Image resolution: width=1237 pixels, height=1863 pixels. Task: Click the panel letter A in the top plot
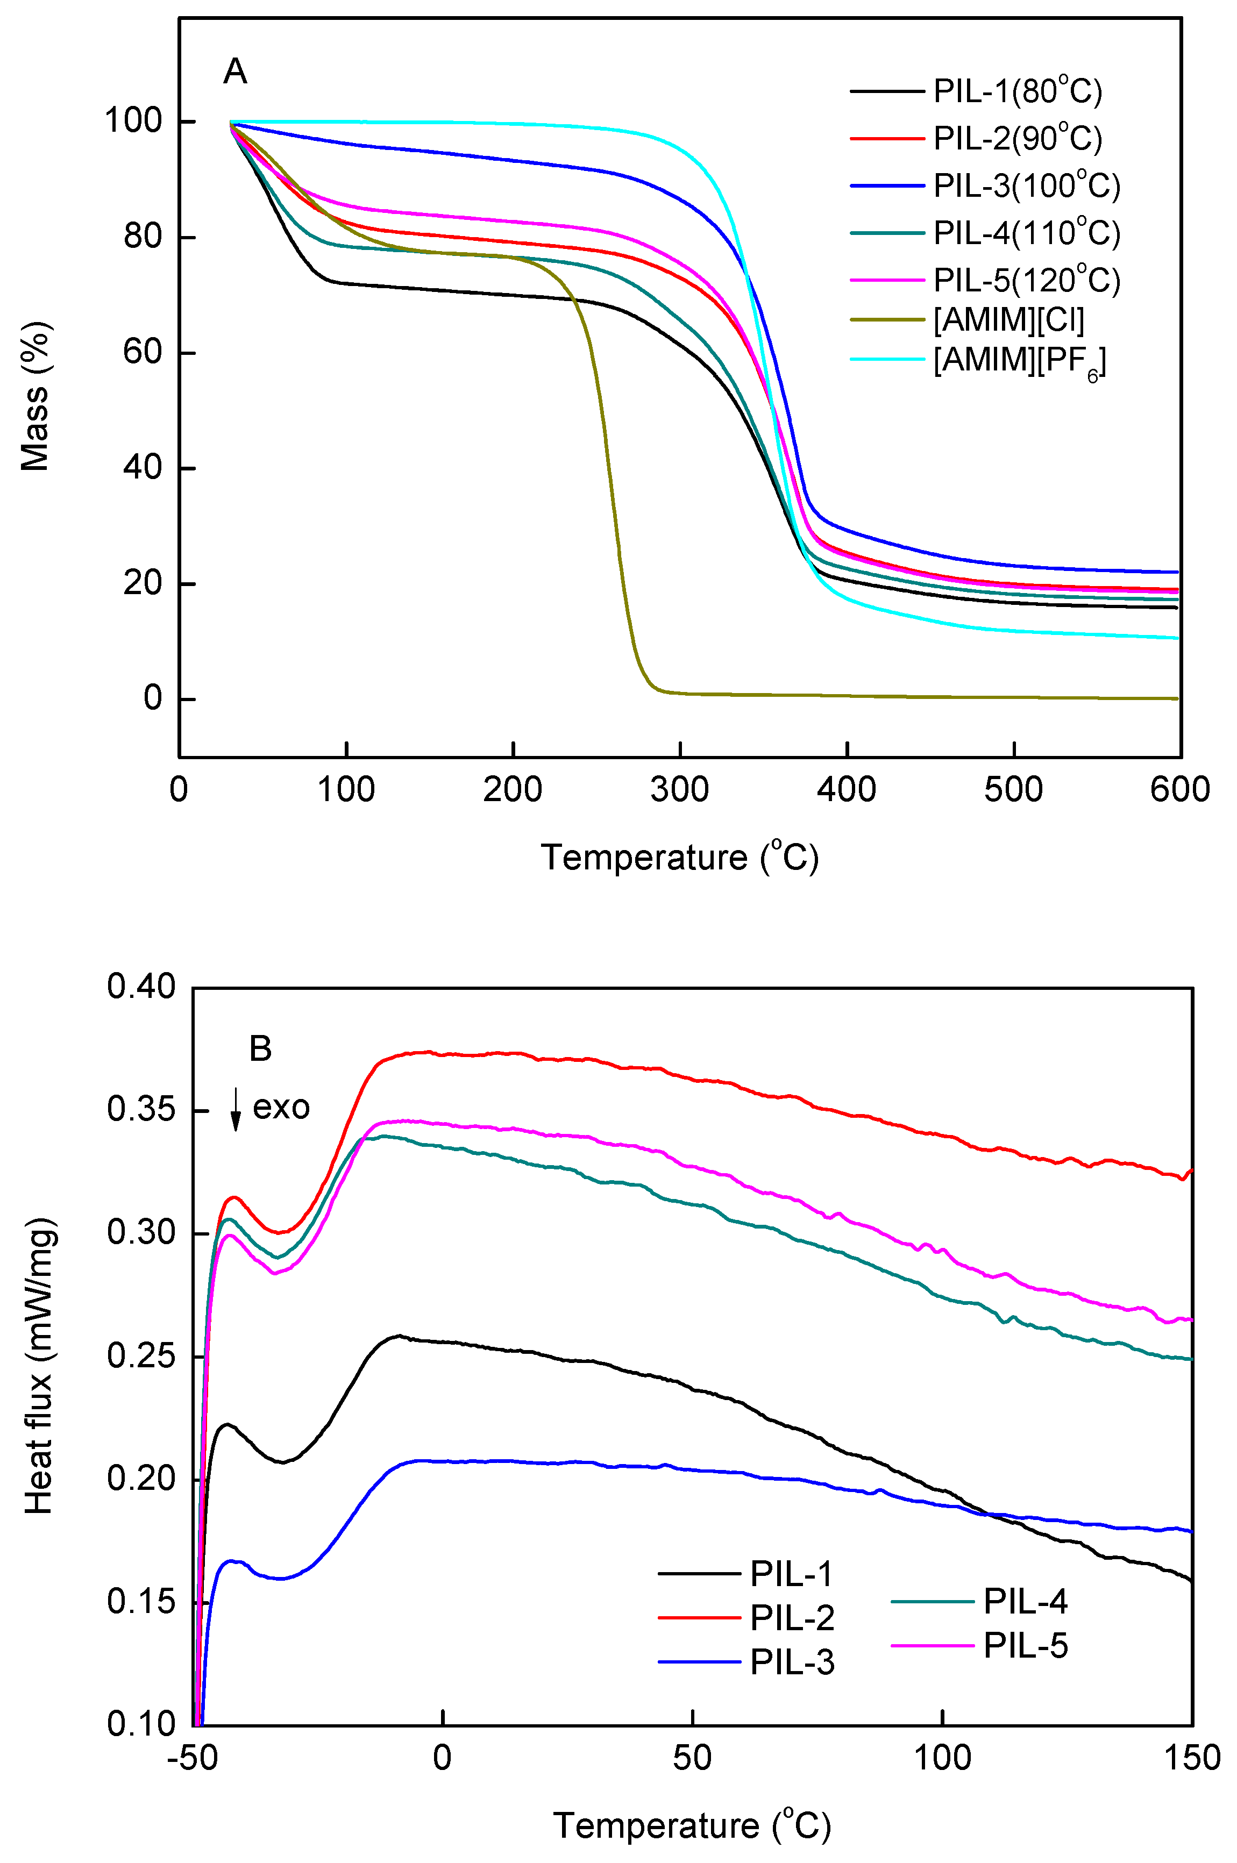(x=235, y=72)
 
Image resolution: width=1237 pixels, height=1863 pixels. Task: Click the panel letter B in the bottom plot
(x=260, y=1049)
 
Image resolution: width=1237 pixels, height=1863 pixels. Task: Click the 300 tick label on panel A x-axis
(x=679, y=789)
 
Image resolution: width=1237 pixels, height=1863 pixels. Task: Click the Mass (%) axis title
(x=35, y=397)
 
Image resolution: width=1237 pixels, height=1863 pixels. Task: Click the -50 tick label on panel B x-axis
(x=193, y=1758)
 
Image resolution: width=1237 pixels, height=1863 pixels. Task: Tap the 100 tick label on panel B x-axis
(x=942, y=1758)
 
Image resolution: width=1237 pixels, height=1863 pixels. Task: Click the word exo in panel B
(x=281, y=1108)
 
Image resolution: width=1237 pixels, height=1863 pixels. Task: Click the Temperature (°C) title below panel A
(x=679, y=858)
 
